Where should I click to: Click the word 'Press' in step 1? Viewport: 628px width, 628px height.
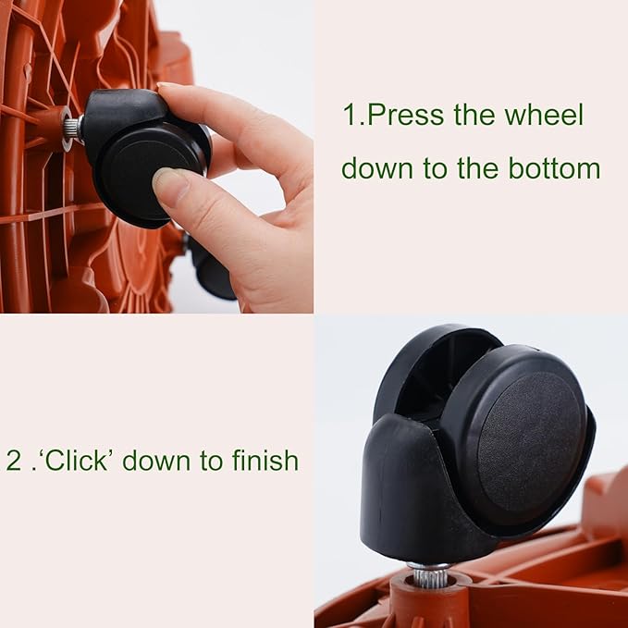[x=405, y=117]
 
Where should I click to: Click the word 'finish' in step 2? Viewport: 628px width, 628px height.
[x=263, y=460]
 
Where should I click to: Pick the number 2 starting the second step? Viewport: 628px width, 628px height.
[x=13, y=461]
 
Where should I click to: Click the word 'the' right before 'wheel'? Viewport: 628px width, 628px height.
[x=474, y=117]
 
